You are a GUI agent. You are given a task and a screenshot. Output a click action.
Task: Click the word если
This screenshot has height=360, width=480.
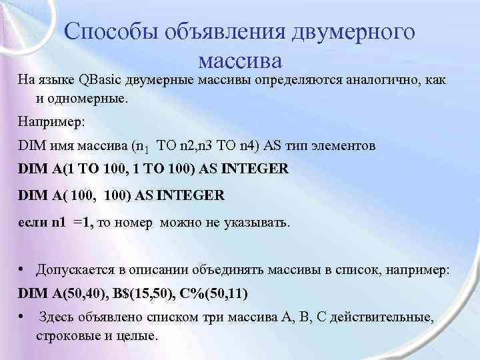point(32,222)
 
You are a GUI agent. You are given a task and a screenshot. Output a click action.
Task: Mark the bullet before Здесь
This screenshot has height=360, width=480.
point(22,318)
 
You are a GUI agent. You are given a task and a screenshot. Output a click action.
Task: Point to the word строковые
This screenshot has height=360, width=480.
point(64,335)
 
